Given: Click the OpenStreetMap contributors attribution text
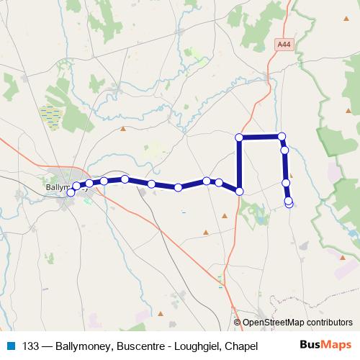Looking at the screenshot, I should coord(298,323).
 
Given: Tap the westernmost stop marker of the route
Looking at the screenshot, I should coord(71,192).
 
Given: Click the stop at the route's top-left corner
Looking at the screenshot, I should coord(240,137).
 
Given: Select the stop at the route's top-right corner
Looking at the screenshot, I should coord(282,135).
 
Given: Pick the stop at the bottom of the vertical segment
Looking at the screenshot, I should coord(240,191).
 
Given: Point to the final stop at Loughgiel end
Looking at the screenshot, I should coord(289,204).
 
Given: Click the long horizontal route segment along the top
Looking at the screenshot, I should coord(261,136).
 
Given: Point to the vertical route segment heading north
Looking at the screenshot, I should coord(240,164).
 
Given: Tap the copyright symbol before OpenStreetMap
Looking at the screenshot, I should coord(238,323).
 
